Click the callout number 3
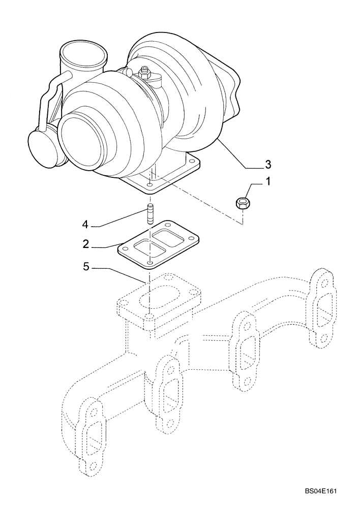[x=267, y=164]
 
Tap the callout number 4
[x=86, y=224]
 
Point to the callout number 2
[x=86, y=244]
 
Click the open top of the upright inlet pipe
[x=83, y=51]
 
